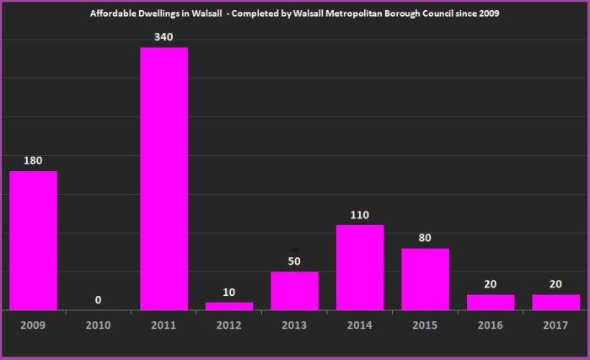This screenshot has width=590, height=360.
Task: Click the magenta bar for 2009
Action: click(x=33, y=240)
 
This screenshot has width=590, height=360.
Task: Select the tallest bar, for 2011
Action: click(x=164, y=179)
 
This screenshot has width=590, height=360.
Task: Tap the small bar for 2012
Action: click(x=229, y=305)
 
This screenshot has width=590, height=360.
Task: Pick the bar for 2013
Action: click(x=294, y=290)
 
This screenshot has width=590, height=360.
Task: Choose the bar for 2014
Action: click(x=360, y=267)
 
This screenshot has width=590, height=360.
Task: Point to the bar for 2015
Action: click(x=425, y=279)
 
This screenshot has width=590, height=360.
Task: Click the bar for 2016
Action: click(x=491, y=302)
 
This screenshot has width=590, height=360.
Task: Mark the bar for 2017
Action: click(x=555, y=302)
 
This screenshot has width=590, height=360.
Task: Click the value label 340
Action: click(x=164, y=36)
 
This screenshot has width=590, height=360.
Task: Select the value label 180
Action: click(x=33, y=160)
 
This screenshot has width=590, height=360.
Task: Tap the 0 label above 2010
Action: click(x=99, y=299)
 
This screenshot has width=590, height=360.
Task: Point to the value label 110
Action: click(x=360, y=215)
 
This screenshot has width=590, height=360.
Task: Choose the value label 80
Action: click(x=425, y=238)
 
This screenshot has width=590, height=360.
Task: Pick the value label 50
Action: click(x=294, y=261)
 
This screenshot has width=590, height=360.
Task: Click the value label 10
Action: click(x=229, y=292)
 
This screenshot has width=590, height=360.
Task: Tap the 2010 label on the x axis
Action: click(x=99, y=325)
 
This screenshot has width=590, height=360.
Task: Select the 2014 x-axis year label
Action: click(x=360, y=325)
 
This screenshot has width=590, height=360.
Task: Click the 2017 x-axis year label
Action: click(x=555, y=325)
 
